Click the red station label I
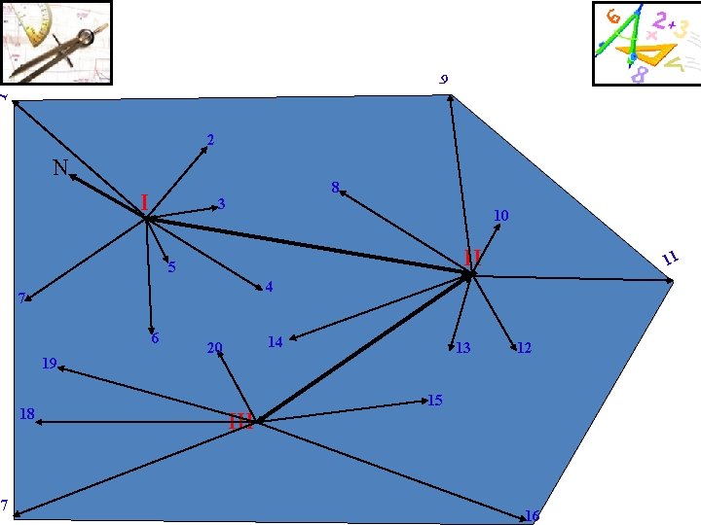[x=144, y=202]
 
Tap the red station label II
[x=473, y=257]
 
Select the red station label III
[x=240, y=421]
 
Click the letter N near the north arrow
[x=60, y=168]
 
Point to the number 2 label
[x=210, y=140]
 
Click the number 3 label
[x=222, y=204]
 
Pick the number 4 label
[x=269, y=287]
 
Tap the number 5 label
[x=171, y=267]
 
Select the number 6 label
[x=155, y=338]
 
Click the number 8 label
[x=335, y=187]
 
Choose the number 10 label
[x=500, y=215]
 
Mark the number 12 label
[x=524, y=347]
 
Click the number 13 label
[x=463, y=348]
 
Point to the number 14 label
[x=275, y=341]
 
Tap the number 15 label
[x=435, y=401]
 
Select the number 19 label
[x=50, y=364]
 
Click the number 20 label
[x=215, y=348]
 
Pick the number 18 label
[x=27, y=414]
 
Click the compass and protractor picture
[x=57, y=43]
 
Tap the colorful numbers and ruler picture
[x=646, y=44]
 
